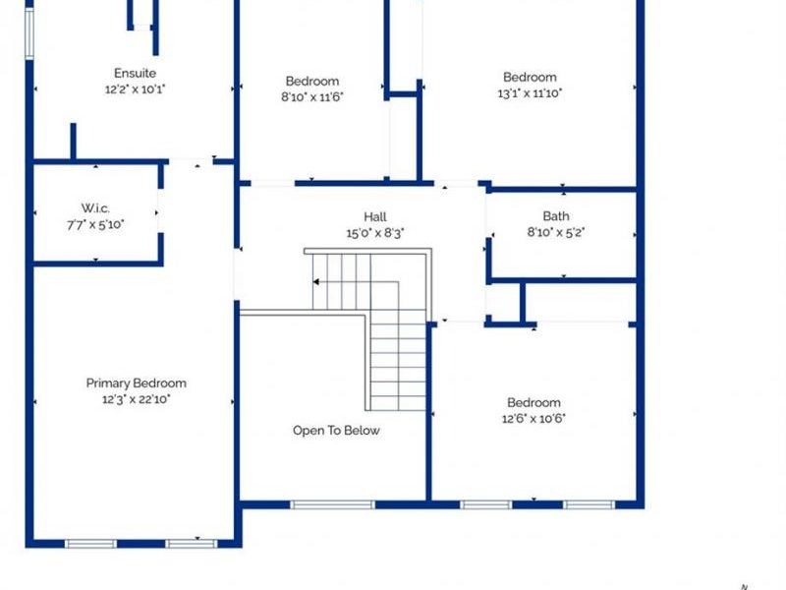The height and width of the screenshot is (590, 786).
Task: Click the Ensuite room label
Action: point(135,73)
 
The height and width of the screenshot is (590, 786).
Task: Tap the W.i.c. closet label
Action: point(95,207)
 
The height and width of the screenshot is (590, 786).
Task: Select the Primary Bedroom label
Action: point(136,383)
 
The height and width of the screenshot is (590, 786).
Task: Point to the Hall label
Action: point(374,217)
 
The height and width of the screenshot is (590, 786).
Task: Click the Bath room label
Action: point(556,216)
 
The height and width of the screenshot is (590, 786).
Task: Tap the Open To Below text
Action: point(336,431)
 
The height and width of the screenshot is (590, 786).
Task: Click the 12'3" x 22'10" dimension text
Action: point(136,399)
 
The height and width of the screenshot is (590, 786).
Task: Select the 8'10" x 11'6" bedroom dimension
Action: point(312,96)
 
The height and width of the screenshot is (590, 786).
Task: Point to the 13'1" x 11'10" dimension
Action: point(530,93)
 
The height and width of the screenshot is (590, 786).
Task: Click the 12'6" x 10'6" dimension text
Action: point(533,418)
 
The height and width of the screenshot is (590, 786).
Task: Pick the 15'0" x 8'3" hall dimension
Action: point(374,233)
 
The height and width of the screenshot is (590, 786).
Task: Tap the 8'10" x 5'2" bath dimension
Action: point(556,232)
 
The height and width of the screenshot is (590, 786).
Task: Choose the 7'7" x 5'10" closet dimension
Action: point(95,223)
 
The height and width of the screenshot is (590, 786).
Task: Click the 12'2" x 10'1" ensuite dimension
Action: point(135,88)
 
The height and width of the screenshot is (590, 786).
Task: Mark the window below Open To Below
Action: point(332,505)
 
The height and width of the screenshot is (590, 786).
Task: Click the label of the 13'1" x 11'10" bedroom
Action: point(530,78)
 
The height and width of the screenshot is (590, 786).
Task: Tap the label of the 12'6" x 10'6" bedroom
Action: point(533,402)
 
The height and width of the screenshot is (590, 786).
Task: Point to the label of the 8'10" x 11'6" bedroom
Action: point(312,81)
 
